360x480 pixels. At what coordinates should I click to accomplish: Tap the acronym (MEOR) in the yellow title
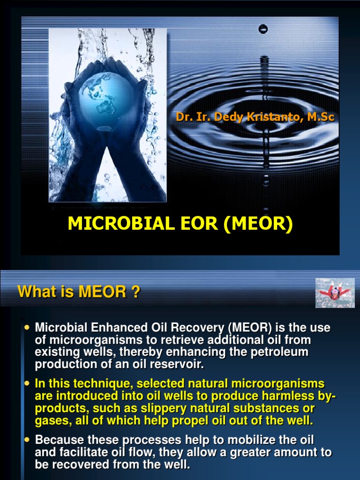coord(258,224)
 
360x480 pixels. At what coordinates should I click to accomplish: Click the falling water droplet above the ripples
coord(263,29)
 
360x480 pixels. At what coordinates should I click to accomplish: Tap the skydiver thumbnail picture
coord(334,293)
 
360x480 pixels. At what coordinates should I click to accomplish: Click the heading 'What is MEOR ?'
coord(79,292)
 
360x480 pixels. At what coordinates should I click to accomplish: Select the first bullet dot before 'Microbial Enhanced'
coord(27,327)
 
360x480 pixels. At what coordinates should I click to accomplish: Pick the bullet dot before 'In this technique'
coord(27,383)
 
